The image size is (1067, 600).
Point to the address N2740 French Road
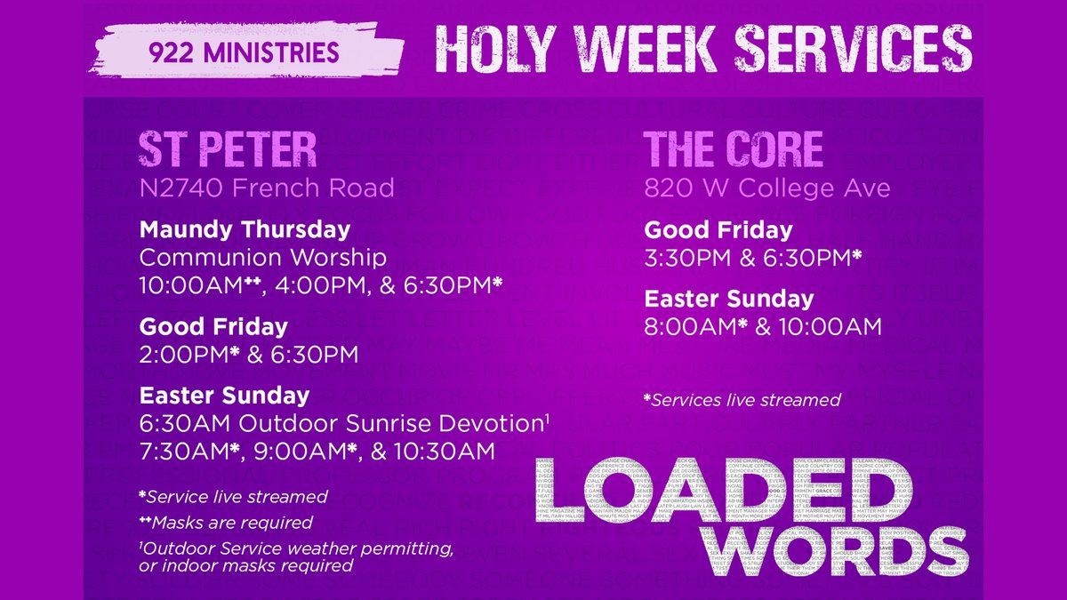point(267,188)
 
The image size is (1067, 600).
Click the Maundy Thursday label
point(245,229)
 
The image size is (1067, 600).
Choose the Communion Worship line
point(263,259)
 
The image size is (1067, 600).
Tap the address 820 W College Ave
point(767,188)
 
